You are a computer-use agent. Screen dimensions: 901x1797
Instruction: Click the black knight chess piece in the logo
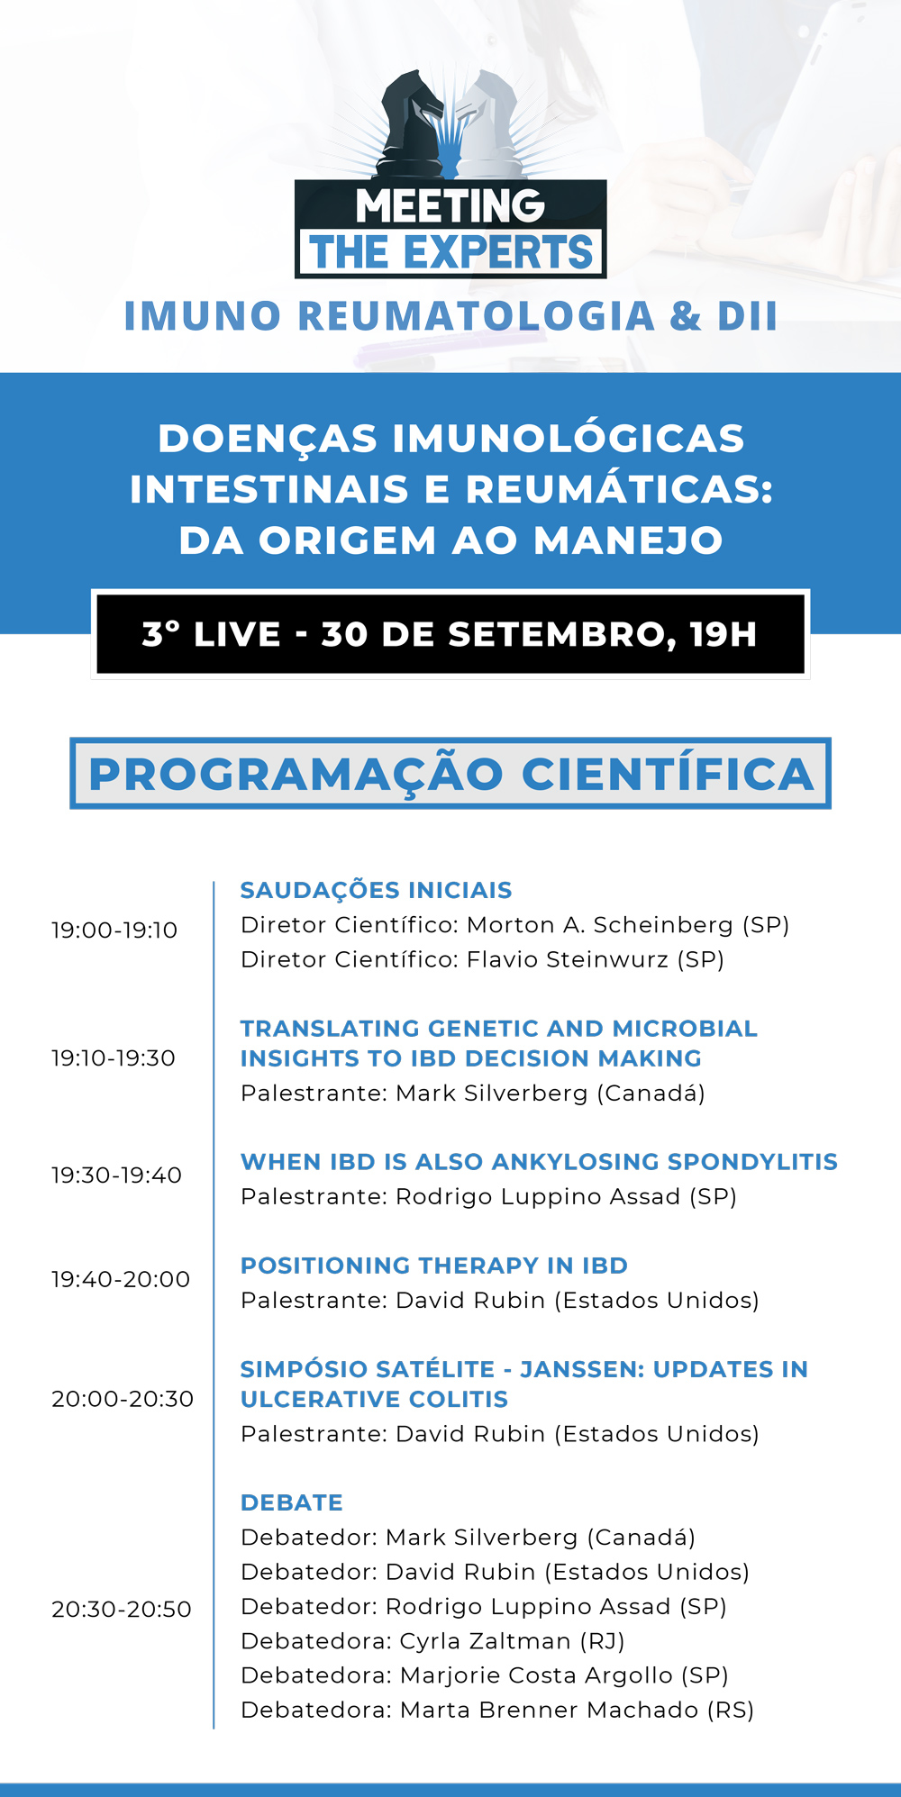[410, 126]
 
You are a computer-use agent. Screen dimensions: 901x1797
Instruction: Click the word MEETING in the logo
[450, 205]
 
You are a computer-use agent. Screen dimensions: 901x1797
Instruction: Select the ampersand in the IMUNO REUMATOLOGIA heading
[685, 316]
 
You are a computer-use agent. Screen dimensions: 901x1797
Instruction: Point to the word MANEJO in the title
[628, 540]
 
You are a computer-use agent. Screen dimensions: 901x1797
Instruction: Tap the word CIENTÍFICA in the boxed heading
[668, 775]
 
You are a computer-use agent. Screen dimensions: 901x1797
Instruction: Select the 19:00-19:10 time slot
[114, 930]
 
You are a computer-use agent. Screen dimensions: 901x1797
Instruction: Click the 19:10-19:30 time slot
[114, 1058]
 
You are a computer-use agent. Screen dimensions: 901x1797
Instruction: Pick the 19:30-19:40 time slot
[116, 1175]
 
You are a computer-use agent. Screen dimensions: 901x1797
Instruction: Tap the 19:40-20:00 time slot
[121, 1279]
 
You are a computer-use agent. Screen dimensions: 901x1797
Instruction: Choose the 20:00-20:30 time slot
[123, 1399]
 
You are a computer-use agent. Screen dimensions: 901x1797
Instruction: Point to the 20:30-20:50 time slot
[122, 1610]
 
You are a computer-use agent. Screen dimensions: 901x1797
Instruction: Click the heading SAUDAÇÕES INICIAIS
[376, 891]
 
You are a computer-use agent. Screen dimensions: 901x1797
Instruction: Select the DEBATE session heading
[292, 1502]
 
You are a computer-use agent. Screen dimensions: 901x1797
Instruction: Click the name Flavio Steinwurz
[568, 959]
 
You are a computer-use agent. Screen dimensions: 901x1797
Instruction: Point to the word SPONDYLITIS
[746, 1162]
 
